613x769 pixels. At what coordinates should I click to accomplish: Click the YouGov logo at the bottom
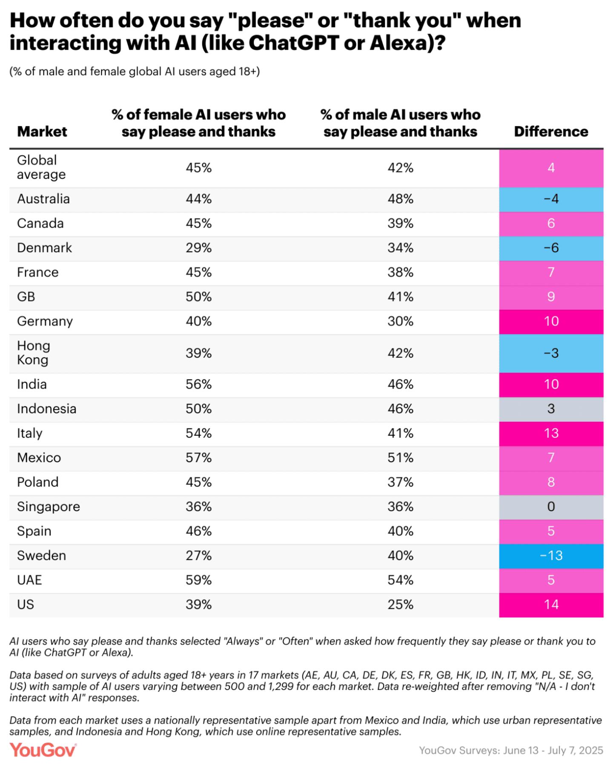[43, 750]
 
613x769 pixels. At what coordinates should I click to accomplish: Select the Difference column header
[551, 132]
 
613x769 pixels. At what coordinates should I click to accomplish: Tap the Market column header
[42, 132]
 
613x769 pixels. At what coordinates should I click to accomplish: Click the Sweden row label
[41, 556]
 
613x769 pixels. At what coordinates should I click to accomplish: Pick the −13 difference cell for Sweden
[551, 556]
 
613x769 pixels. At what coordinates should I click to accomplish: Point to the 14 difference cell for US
[551, 605]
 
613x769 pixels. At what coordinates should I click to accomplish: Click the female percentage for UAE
[198, 580]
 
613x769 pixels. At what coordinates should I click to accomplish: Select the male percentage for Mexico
[400, 458]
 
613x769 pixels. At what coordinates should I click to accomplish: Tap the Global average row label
[41, 167]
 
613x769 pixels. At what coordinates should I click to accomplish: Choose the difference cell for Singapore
[551, 507]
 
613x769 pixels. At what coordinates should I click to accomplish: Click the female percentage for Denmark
[198, 248]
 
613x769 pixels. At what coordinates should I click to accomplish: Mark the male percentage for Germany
[400, 321]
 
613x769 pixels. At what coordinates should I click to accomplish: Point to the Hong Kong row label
[34, 353]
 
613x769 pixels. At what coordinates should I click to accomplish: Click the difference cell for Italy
[551, 433]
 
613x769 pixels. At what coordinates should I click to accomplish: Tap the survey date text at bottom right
[511, 750]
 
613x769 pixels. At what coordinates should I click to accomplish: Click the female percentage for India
[198, 384]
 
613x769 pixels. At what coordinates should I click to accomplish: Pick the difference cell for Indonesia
[551, 409]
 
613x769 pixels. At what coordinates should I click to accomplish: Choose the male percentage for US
[400, 605]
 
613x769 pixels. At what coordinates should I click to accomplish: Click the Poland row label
[38, 482]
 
